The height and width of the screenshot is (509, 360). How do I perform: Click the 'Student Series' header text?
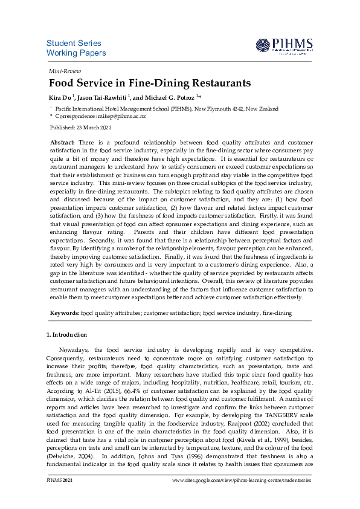click(x=74, y=44)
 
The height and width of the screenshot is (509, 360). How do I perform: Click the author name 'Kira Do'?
click(x=60, y=97)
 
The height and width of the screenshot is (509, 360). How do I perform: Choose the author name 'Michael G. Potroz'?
click(x=169, y=97)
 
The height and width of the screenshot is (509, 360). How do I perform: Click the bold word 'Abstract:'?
click(x=62, y=141)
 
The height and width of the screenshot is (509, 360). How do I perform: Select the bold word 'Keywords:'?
click(x=64, y=313)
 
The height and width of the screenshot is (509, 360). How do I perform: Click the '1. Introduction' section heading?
click(x=66, y=334)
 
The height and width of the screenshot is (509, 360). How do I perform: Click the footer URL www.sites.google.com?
click(x=242, y=480)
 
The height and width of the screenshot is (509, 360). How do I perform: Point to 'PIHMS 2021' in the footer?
click(x=60, y=480)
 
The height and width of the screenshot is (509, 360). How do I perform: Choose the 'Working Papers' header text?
click(x=76, y=53)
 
